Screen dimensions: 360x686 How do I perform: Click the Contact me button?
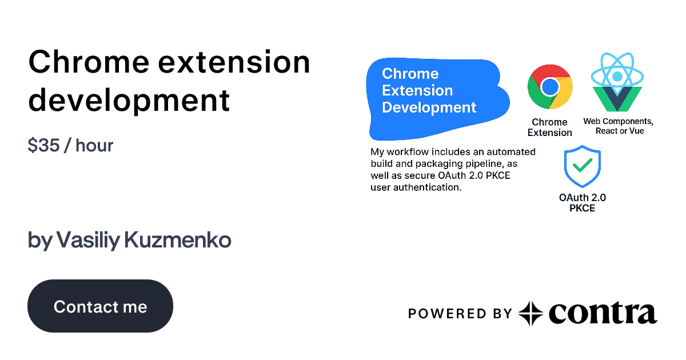(100, 306)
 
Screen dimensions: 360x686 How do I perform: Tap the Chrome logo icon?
(550, 87)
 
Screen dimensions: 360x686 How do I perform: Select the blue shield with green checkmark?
(582, 166)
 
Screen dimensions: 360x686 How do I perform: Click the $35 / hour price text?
(70, 145)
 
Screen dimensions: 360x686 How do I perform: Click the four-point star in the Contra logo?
(531, 313)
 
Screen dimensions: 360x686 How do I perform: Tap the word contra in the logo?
(603, 313)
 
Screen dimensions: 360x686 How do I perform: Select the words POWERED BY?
(460, 313)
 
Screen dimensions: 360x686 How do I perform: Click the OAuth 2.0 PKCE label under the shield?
(582, 203)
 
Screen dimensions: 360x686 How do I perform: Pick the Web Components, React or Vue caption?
(618, 126)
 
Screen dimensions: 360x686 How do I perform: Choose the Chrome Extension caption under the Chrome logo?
(549, 127)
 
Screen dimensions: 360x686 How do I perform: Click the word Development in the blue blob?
(429, 107)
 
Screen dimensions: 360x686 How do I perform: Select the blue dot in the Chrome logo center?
(550, 87)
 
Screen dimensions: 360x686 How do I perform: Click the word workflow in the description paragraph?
(408, 152)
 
